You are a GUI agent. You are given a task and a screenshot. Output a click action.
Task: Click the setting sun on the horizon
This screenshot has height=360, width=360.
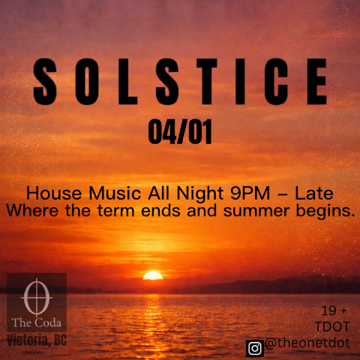pos(153,275)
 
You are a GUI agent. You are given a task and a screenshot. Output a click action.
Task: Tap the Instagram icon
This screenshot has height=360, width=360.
pos(255,346)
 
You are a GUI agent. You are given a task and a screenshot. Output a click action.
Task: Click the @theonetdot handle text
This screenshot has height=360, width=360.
pos(307,343)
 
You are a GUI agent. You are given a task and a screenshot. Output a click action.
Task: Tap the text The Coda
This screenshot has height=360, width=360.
pos(37,323)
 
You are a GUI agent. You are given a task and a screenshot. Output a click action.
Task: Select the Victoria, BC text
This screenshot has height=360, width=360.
pos(37,340)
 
